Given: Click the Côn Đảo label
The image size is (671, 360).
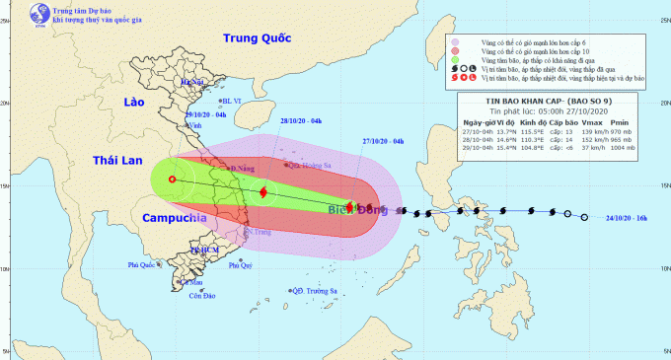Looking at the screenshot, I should point(201,297).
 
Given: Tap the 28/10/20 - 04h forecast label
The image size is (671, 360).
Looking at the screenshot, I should point(301,120).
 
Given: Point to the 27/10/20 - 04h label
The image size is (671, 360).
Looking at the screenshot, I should point(383,142).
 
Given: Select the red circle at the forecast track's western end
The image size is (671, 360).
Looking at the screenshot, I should point(173,180).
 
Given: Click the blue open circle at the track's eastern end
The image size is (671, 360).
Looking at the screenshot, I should point(585,217).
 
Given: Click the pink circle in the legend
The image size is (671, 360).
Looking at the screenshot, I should point(455,43).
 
